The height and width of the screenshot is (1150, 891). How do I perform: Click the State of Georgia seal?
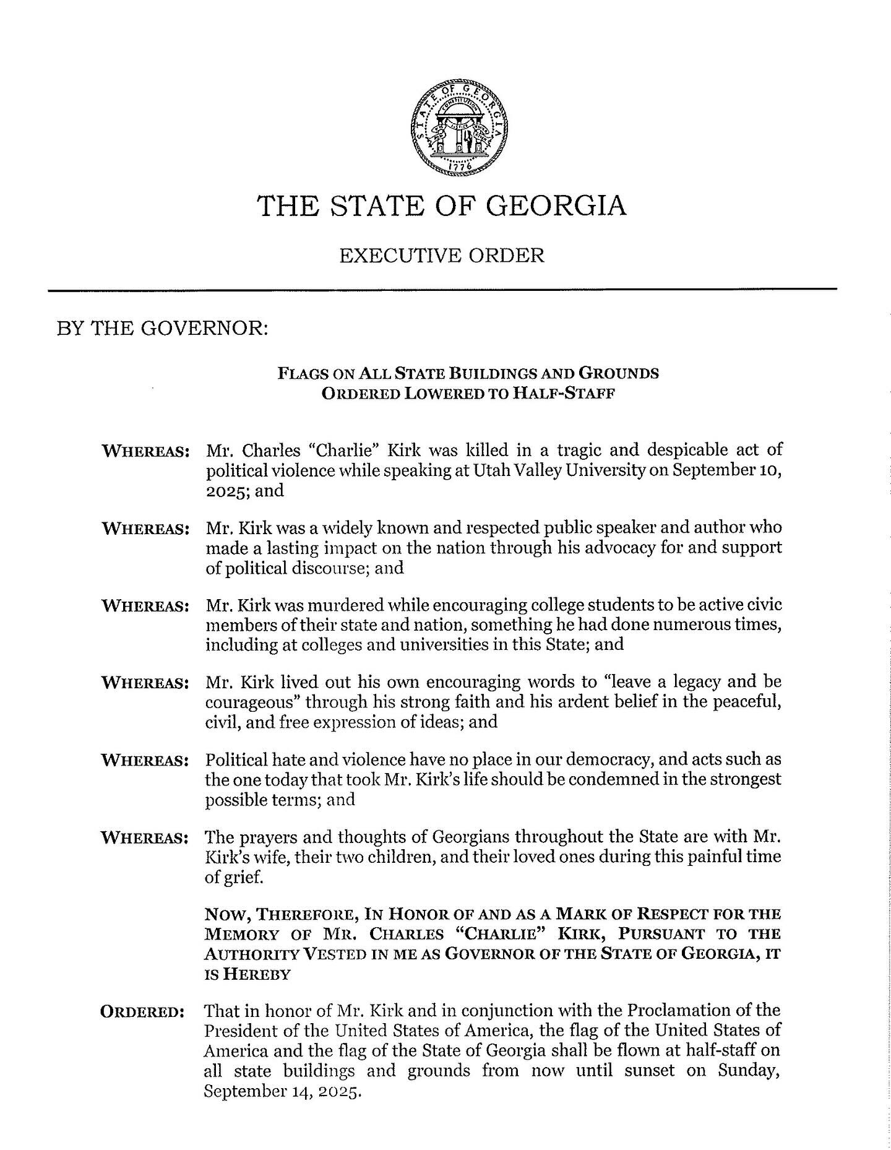458,127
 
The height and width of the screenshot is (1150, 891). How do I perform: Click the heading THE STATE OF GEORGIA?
442,206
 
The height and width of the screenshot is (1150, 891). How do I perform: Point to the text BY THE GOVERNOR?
162,328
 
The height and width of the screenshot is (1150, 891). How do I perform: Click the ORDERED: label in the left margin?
142,1012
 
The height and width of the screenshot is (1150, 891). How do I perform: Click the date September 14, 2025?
282,1091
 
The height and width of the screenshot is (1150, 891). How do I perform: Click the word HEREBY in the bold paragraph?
256,974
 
